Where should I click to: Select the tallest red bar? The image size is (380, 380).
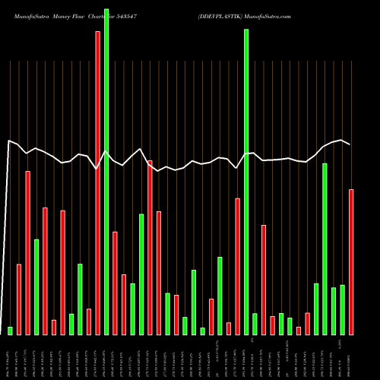(x=97, y=182)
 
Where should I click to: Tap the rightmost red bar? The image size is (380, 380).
(x=351, y=261)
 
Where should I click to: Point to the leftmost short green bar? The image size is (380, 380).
(x=11, y=331)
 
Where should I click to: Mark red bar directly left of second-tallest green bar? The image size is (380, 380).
(x=238, y=266)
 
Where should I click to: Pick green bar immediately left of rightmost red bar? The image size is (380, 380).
(x=342, y=309)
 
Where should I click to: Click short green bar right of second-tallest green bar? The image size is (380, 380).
(x=255, y=324)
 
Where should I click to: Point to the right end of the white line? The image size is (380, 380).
(x=350, y=144)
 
